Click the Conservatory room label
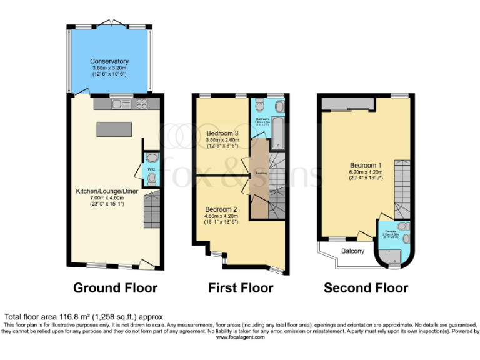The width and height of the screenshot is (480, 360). pyautogui.click(x=110, y=61)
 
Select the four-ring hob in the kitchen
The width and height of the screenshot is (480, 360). pyautogui.click(x=141, y=104)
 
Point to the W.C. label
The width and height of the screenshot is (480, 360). pyautogui.click(x=151, y=169)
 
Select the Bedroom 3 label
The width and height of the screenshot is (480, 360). pyautogui.click(x=222, y=133)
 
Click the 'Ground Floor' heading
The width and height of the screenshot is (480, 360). pyautogui.click(x=116, y=288)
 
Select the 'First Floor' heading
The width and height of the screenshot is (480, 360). pyautogui.click(x=241, y=288)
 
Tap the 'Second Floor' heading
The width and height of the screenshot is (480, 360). pyautogui.click(x=366, y=288)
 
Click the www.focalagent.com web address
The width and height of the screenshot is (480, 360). pyautogui.click(x=240, y=337)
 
